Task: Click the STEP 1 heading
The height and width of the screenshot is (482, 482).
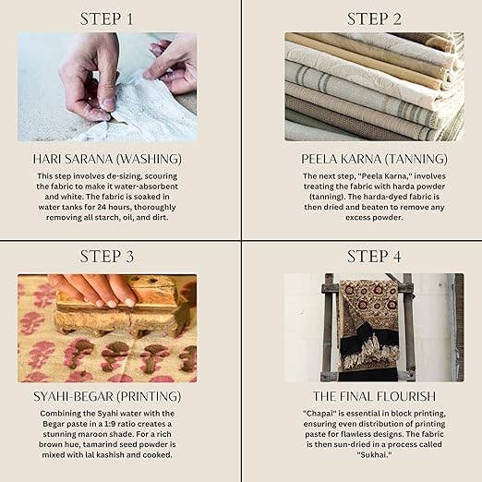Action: (106, 19)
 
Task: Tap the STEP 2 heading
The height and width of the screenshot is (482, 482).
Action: (374, 19)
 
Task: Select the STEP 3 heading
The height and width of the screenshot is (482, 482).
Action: (107, 257)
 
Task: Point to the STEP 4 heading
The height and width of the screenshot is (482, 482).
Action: (374, 257)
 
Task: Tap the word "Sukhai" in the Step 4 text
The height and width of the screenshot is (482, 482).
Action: (374, 454)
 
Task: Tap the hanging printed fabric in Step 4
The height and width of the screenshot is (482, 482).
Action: (368, 326)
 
